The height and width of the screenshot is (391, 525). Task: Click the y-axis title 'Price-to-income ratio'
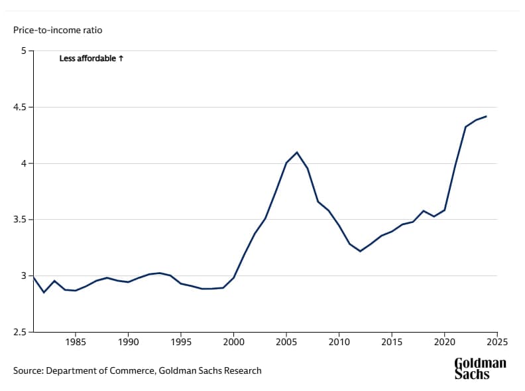click(58, 30)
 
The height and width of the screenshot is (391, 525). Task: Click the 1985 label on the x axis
click(76, 343)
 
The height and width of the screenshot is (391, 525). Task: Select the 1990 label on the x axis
click(128, 343)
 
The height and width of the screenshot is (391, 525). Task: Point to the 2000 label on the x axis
click(233, 343)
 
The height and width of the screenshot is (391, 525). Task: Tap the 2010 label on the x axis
click(339, 343)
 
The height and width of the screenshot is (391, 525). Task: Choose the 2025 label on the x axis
click(496, 343)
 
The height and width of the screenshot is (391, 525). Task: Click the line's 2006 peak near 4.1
click(297, 152)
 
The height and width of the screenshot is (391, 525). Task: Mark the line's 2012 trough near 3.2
click(360, 251)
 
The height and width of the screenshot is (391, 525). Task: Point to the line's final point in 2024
click(487, 116)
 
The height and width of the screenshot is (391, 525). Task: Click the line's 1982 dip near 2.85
click(44, 292)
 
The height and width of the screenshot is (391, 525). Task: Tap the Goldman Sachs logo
click(480, 368)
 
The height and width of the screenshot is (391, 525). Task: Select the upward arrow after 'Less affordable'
click(121, 58)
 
